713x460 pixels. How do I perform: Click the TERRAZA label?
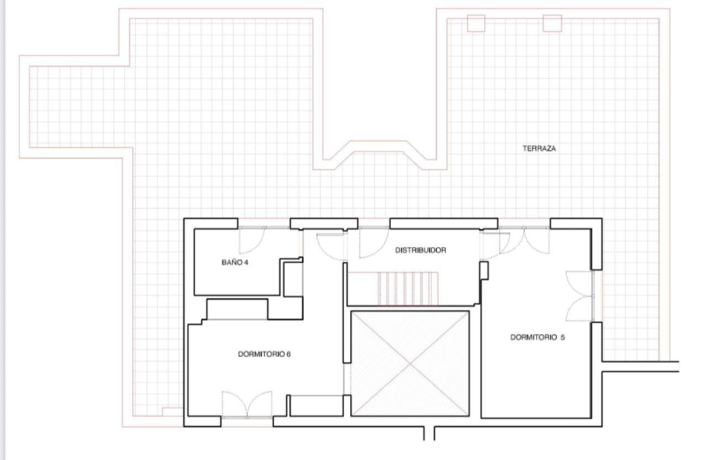(539, 148)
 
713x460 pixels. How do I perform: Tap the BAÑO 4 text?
(235, 262)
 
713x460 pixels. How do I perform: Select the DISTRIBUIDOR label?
(421, 250)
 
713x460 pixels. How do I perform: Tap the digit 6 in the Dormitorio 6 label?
(288, 354)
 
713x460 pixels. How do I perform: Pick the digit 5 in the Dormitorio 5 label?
(563, 337)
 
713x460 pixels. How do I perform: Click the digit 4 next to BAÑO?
(246, 262)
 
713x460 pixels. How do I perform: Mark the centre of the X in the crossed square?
(410, 363)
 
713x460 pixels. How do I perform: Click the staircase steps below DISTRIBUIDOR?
(408, 288)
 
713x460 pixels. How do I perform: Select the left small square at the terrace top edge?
(476, 23)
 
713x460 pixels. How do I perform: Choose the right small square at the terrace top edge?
(552, 23)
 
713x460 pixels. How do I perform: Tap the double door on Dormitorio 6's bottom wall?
(247, 405)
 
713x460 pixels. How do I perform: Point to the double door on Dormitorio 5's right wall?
(580, 296)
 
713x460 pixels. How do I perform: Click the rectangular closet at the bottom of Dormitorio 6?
(316, 405)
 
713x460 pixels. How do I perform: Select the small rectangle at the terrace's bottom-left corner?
(173, 411)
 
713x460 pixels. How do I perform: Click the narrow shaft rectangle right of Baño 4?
(293, 279)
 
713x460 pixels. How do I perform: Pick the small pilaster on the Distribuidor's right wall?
(484, 271)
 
